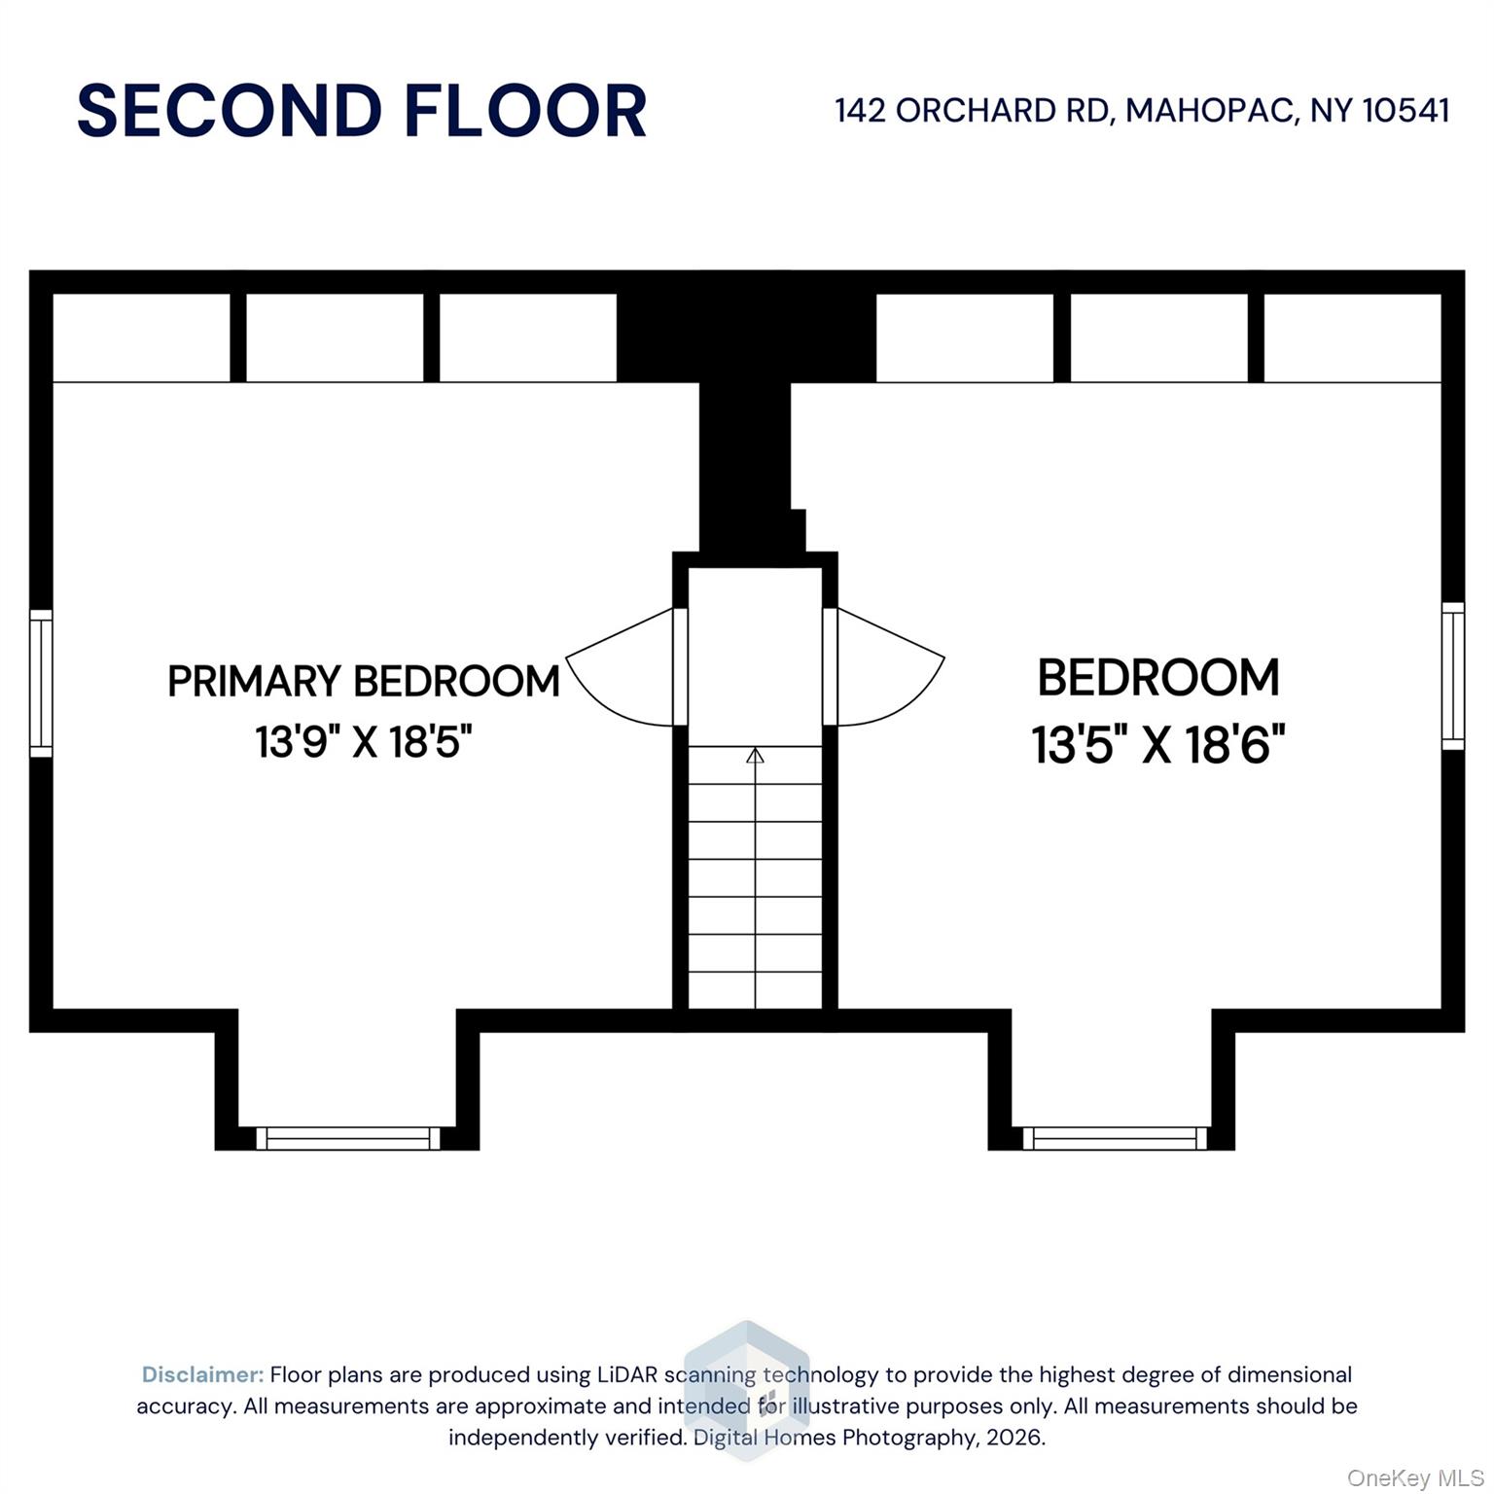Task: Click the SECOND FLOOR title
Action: (x=362, y=111)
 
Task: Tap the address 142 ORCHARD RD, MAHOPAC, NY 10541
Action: (x=1142, y=110)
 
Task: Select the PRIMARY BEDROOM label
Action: (x=364, y=681)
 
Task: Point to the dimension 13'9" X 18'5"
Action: (x=364, y=742)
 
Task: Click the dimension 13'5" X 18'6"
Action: (x=1158, y=746)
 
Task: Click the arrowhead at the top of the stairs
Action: (x=755, y=755)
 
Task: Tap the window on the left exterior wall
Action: (x=41, y=683)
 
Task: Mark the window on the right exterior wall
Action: (x=1452, y=676)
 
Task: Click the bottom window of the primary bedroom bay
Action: (x=348, y=1138)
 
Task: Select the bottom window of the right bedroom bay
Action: (x=1115, y=1138)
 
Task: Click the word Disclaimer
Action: (x=203, y=1374)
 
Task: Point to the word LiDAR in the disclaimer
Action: (x=628, y=1374)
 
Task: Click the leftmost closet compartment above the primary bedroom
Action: (x=141, y=338)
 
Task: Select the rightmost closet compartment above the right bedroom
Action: (x=1352, y=338)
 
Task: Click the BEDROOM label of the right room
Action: (x=1158, y=678)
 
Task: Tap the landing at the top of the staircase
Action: (x=756, y=657)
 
